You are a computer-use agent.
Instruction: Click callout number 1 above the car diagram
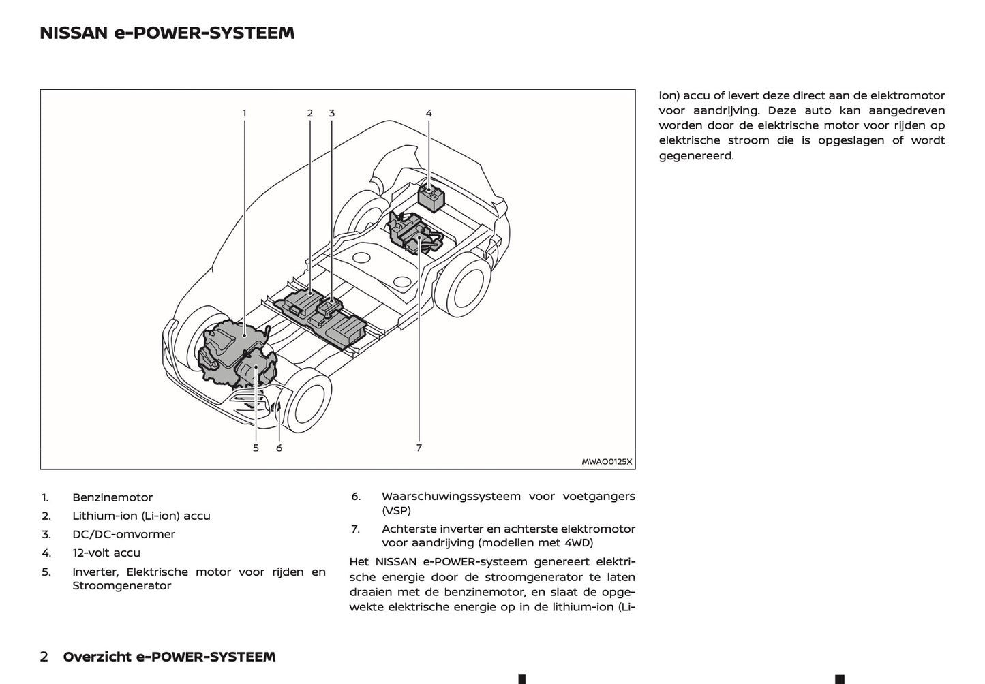coord(244,113)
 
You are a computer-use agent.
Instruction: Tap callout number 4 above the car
coord(429,113)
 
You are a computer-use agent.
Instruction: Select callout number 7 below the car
coord(419,448)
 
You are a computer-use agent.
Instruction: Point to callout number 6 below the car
coord(279,448)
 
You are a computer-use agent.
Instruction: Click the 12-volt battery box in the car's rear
coord(430,196)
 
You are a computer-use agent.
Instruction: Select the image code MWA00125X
coord(607,461)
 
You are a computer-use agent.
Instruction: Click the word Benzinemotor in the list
coord(112,497)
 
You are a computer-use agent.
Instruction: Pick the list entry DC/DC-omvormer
coord(123,534)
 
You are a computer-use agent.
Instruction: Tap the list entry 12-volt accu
coord(106,553)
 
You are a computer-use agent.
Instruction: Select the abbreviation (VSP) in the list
coord(396,510)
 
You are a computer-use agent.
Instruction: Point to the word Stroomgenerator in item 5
coord(122,585)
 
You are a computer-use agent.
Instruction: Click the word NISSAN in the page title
coord(74,33)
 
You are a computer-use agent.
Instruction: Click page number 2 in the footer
coord(44,657)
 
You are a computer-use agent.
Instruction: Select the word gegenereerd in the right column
coord(696,155)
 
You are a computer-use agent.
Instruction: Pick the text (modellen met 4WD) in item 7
coord(535,542)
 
